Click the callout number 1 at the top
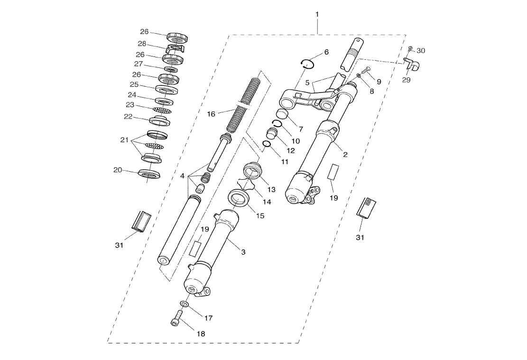click(317, 14)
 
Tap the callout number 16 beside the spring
click(211, 114)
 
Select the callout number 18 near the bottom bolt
click(201, 334)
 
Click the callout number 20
click(118, 170)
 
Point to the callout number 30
click(421, 51)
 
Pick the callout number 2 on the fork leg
click(345, 155)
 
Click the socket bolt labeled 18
click(176, 318)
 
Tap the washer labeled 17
click(184, 304)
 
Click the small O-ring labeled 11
click(267, 144)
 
